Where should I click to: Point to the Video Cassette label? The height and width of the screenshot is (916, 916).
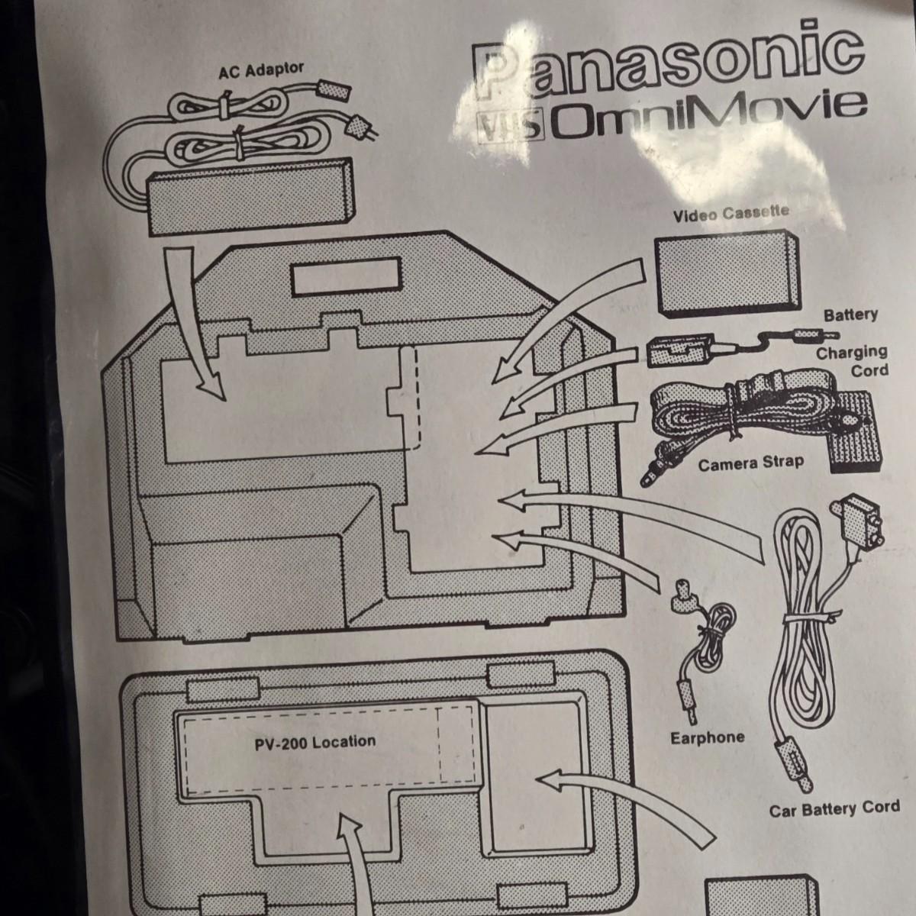pyautogui.click(x=731, y=214)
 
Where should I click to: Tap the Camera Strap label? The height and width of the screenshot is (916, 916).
pyautogui.click(x=750, y=463)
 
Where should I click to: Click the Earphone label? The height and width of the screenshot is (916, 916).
pyautogui.click(x=706, y=737)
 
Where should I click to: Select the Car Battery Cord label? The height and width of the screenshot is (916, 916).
pyautogui.click(x=834, y=808)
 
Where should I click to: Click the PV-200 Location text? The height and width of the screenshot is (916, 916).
pyautogui.click(x=315, y=742)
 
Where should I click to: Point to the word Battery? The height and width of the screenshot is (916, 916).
pyautogui.click(x=850, y=314)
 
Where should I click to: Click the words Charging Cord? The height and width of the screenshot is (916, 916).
pyautogui.click(x=851, y=360)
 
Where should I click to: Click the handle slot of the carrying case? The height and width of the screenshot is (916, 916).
pyautogui.click(x=341, y=279)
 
